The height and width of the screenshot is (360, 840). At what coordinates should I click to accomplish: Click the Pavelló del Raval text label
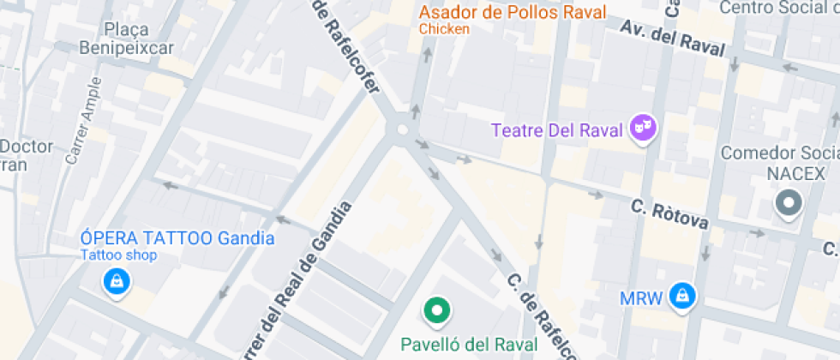coord(470,345)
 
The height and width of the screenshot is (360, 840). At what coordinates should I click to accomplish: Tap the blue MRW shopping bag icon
coord(682,296)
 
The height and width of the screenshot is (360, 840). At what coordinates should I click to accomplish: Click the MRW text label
coord(641,298)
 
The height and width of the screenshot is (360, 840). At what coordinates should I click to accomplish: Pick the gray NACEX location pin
coord(787,203)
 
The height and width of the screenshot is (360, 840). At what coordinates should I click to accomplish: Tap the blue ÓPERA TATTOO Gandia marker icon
coord(115,280)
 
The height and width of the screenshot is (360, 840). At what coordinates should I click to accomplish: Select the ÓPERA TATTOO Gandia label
coord(177,238)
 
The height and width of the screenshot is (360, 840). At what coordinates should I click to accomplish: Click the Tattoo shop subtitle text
coord(119,255)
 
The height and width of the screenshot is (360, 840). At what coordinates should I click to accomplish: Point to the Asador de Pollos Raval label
coord(512,13)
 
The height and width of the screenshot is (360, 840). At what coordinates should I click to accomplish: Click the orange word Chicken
coord(444,29)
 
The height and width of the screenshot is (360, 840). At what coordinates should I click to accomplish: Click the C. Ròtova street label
coord(669,215)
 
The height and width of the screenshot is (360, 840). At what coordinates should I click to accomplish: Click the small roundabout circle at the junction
coord(401,130)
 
